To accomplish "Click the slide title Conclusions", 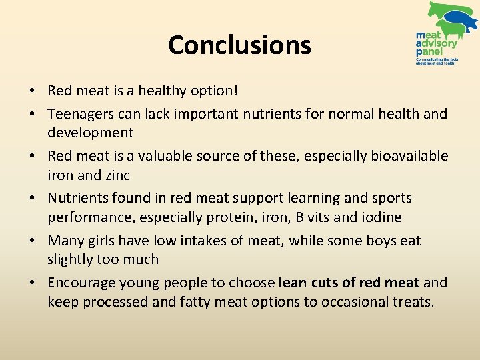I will (239, 45).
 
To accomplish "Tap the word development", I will (90, 132).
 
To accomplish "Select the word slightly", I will (70, 259).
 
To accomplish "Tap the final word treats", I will (411, 301).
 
